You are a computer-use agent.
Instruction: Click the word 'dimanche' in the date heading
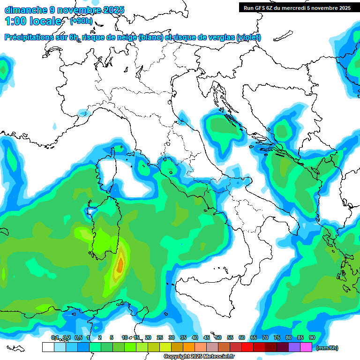pyautogui.click(x=26, y=10)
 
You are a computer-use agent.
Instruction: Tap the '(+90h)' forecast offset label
pyautogui.click(x=81, y=21)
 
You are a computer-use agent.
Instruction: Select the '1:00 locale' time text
pyautogui.click(x=33, y=21)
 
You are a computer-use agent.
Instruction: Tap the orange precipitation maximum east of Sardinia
pyautogui.click(x=120, y=265)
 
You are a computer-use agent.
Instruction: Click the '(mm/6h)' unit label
pyautogui.click(x=327, y=348)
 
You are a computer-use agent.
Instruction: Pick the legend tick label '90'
pyautogui.click(x=312, y=337)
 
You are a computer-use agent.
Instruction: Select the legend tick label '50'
pyautogui.click(x=218, y=337)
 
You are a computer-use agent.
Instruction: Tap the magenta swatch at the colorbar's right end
pyautogui.click(x=306, y=347)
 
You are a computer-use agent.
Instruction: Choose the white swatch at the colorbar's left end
pyautogui.click(x=48, y=347)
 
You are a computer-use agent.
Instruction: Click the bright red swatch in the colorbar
pyautogui.click(x=247, y=347)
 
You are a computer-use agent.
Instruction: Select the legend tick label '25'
pyautogui.click(x=159, y=337)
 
